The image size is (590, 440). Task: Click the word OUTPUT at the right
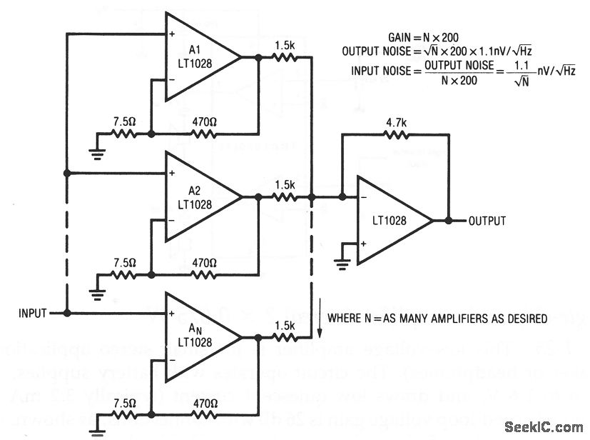487,221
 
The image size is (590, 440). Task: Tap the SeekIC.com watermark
544,427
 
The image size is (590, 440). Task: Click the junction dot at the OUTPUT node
449,221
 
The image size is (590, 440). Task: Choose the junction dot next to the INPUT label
66,313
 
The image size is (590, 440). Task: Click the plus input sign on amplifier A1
173,34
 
